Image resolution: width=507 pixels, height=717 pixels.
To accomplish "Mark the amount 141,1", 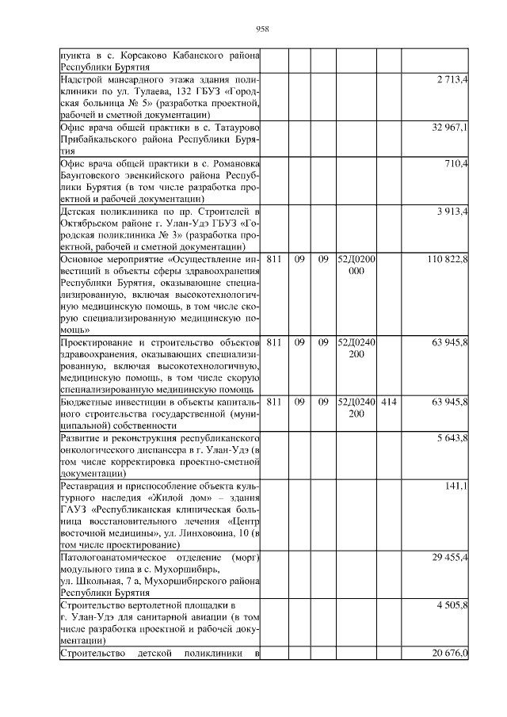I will [457, 484].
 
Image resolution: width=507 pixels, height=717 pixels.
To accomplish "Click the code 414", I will [388, 402].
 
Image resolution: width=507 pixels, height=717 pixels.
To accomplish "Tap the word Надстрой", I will [84, 81].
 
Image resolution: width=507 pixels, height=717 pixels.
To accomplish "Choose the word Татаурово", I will [235, 128].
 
